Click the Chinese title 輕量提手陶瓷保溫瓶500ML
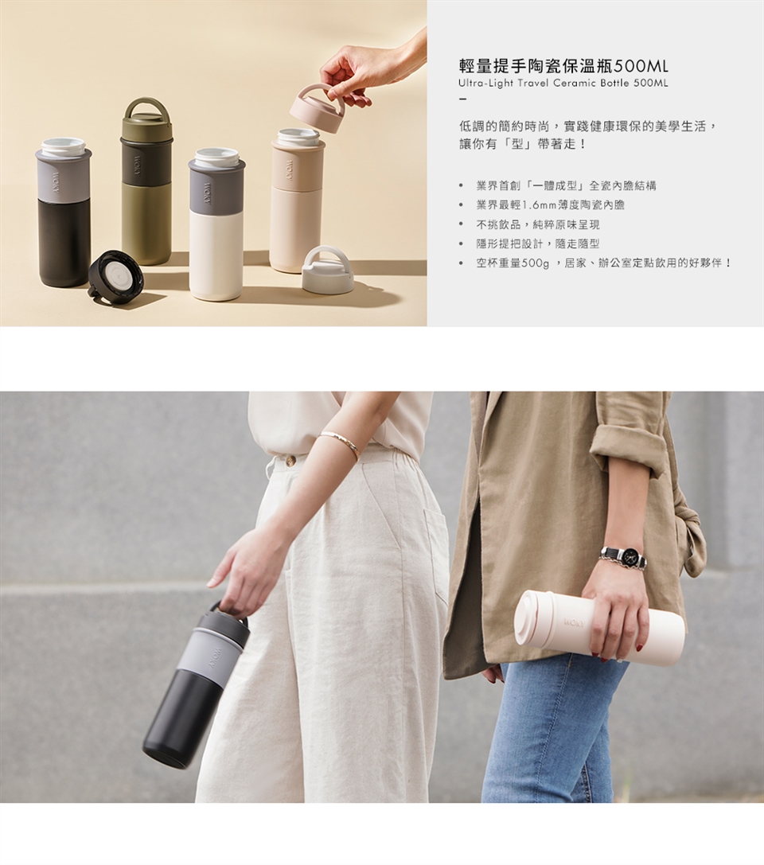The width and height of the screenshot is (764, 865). [x=563, y=67]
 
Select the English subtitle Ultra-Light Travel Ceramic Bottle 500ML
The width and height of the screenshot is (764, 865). [x=563, y=84]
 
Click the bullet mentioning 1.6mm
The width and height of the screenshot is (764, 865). [x=550, y=205]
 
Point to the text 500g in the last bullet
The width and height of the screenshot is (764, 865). [x=535, y=263]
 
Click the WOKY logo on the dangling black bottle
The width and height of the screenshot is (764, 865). [x=213, y=657]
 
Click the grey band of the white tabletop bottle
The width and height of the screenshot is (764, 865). [x=216, y=189]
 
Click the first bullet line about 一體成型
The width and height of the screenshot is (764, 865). [x=566, y=186]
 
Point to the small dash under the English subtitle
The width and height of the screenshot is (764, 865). [x=462, y=99]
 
